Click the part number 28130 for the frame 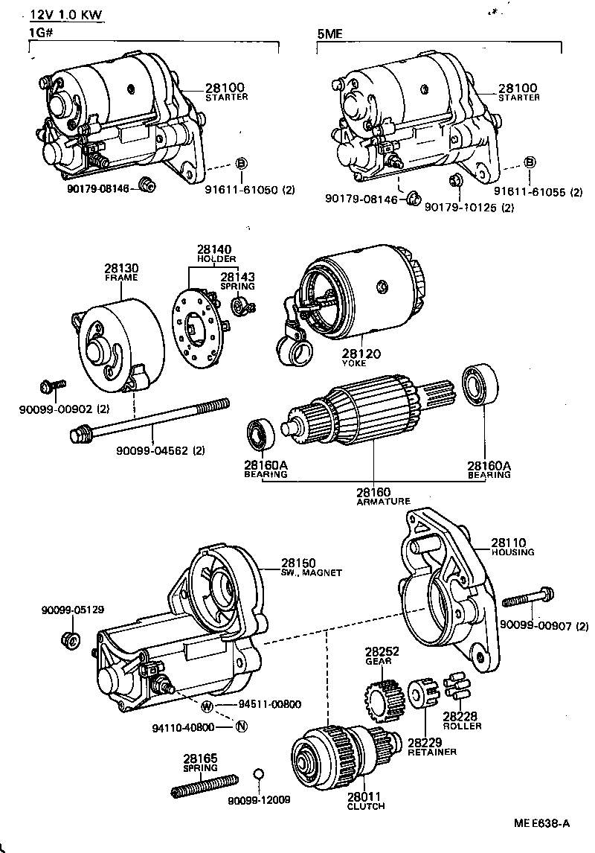coord(121,268)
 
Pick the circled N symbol coord(240,726)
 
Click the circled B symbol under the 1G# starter coord(241,164)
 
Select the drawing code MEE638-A coord(541,822)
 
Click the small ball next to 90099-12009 coord(259,775)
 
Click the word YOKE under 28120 coord(353,363)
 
